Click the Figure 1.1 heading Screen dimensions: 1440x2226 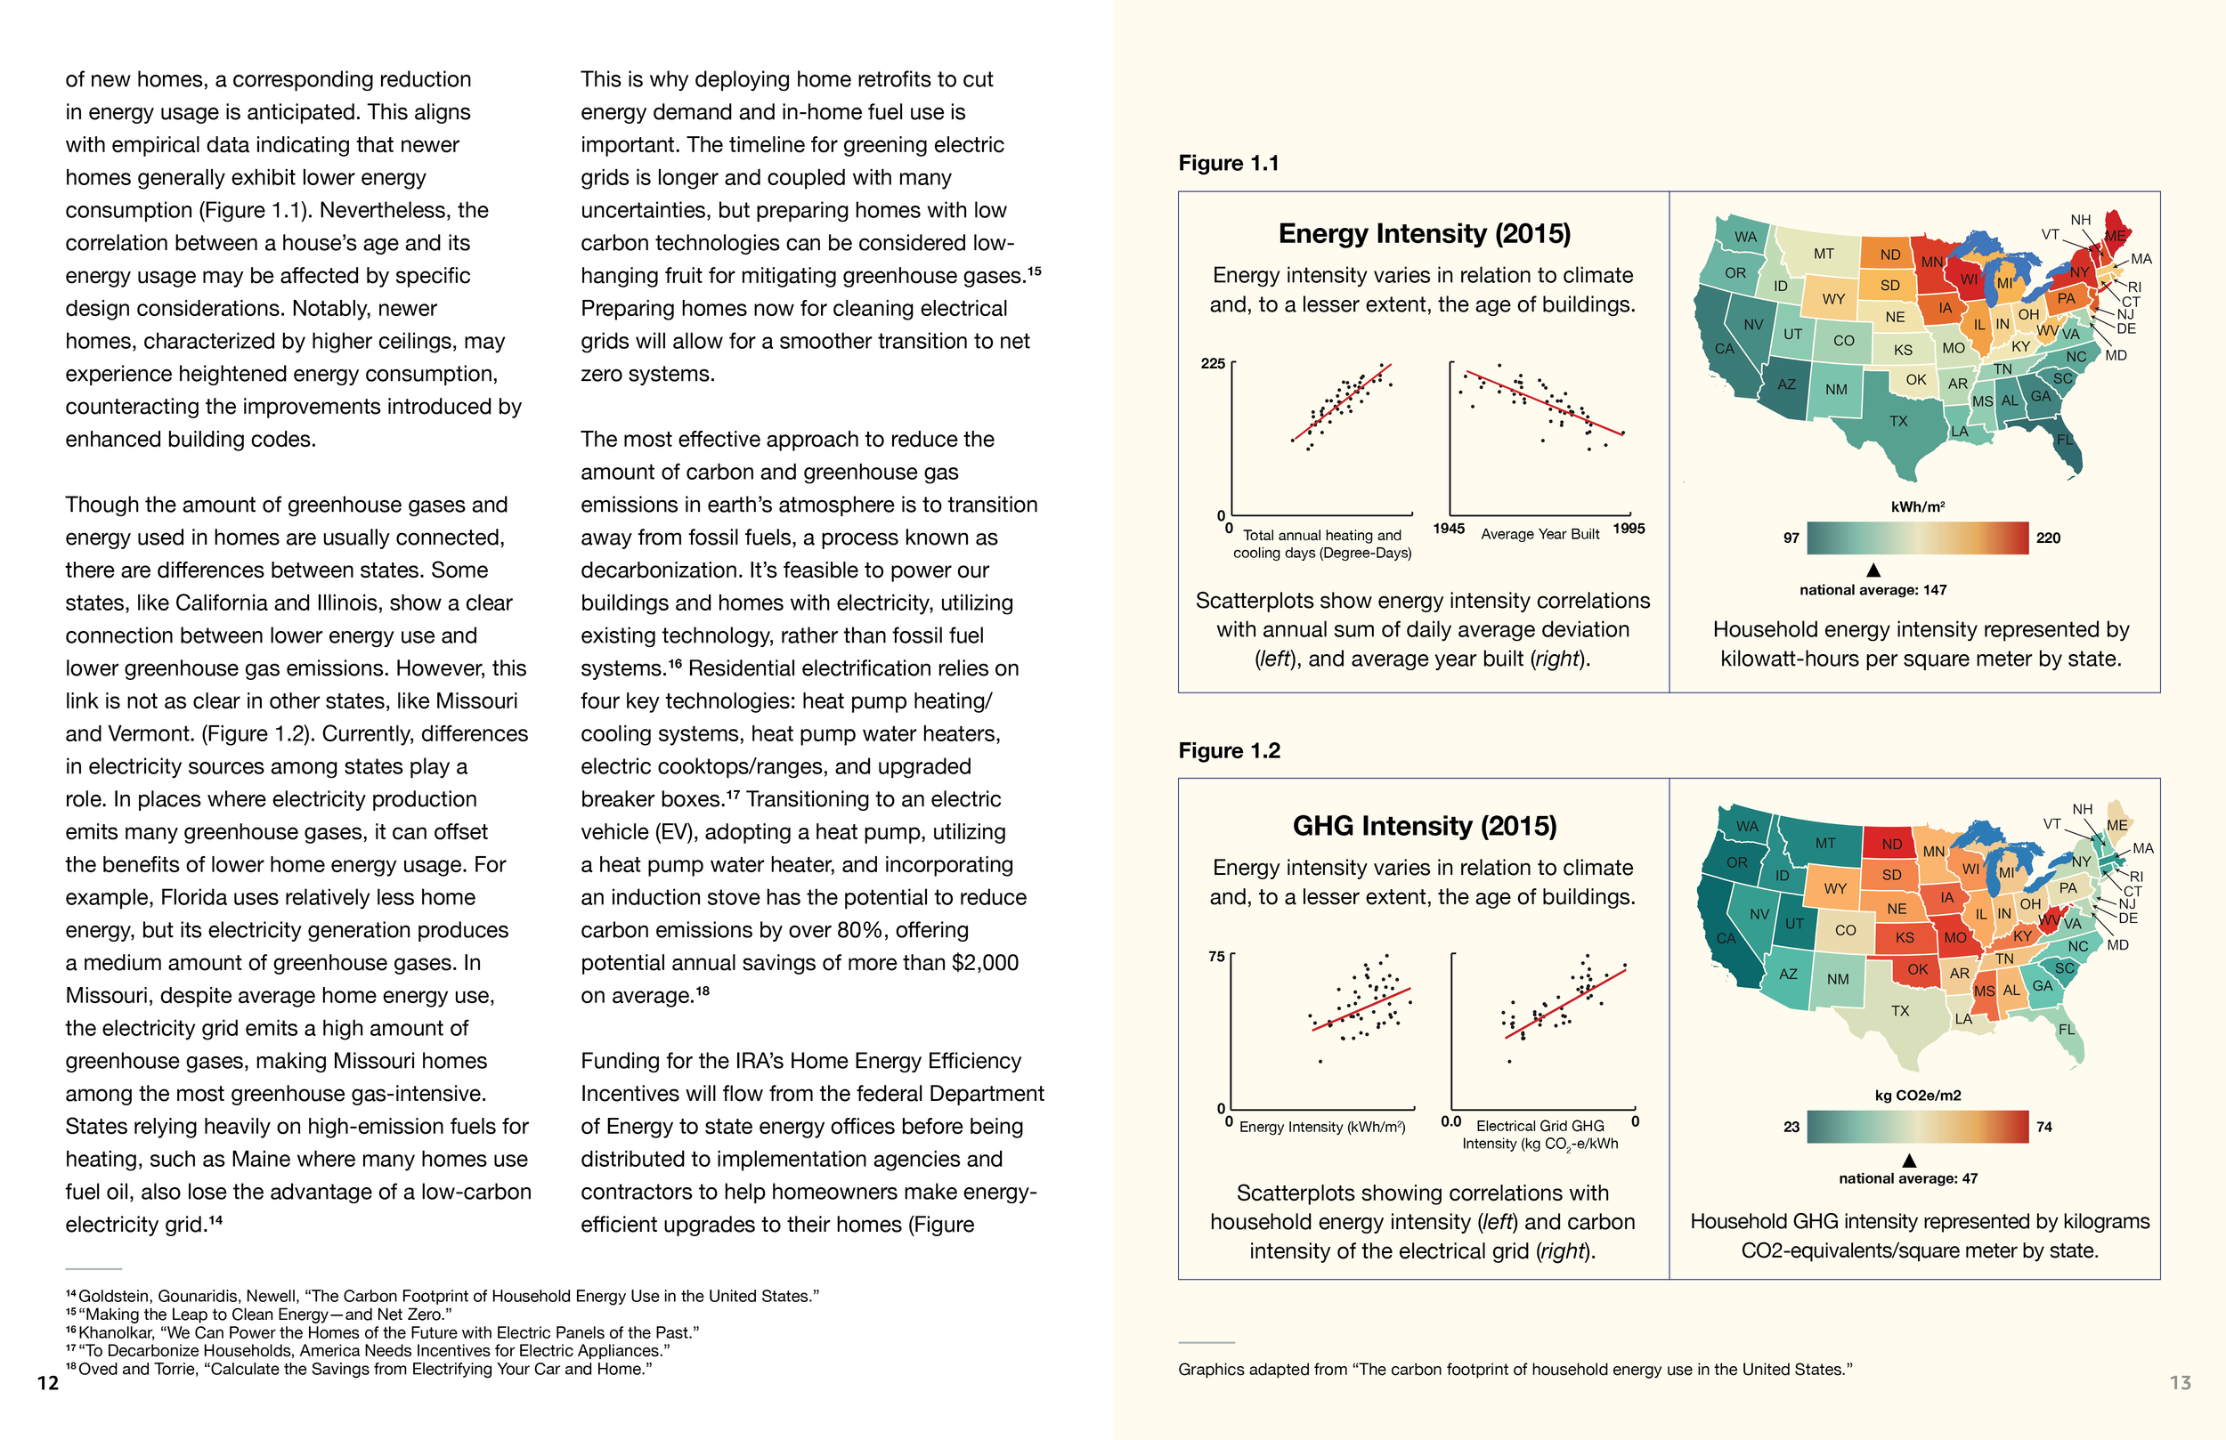click(x=1228, y=164)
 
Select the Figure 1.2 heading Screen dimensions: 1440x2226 click(x=1229, y=751)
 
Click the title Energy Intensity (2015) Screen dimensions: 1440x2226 click(x=1424, y=234)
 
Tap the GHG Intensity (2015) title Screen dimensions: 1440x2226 click(x=1424, y=826)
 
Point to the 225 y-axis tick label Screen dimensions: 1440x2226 click(x=1212, y=364)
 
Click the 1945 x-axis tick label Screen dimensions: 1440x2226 click(x=1448, y=529)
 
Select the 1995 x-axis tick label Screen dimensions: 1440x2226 click(x=1629, y=529)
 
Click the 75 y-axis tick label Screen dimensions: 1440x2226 click(x=1216, y=957)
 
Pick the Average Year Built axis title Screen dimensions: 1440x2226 click(x=1540, y=534)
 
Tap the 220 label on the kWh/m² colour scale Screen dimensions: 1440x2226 click(x=2047, y=538)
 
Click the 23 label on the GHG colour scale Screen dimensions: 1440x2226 click(x=1791, y=1127)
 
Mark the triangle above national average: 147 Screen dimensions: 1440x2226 click(x=1873, y=570)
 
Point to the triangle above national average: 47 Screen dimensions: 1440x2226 click(x=1910, y=1161)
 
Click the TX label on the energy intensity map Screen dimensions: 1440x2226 click(x=1897, y=422)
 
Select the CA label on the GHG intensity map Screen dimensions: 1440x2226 click(x=1726, y=938)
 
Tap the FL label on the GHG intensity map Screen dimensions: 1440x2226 click(x=2066, y=1030)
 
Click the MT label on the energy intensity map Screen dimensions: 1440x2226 click(x=1824, y=254)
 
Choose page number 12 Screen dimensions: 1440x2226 click(x=48, y=1383)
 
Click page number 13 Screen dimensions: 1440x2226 click(x=2181, y=1383)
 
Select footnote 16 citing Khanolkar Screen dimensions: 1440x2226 click(x=384, y=1332)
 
